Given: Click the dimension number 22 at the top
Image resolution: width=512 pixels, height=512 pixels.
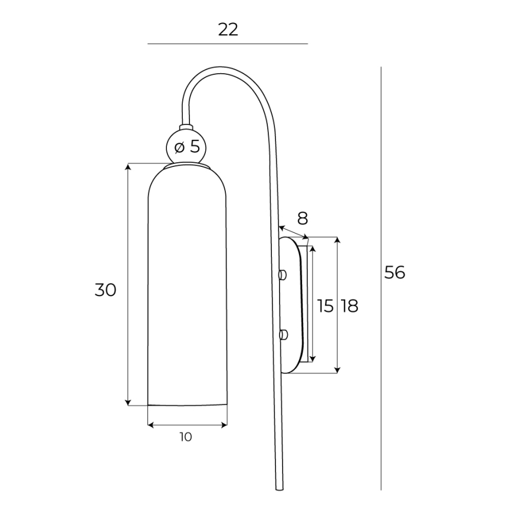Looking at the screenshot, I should [x=228, y=29].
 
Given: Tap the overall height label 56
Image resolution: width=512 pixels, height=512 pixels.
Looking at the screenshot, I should [x=395, y=273].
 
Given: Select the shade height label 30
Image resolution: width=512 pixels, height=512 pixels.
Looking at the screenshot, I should [x=106, y=290].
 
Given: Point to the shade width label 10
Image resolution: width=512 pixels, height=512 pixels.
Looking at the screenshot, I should [x=186, y=437].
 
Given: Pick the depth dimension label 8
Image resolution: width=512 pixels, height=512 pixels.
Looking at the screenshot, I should [x=302, y=219].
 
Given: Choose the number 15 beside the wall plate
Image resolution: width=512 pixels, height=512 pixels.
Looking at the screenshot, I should [x=325, y=306].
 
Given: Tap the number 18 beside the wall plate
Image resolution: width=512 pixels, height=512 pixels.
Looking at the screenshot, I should [x=349, y=306].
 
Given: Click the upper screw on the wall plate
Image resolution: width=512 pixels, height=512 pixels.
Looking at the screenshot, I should [x=283, y=274].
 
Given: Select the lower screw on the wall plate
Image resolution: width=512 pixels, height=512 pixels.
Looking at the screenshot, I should [x=283, y=335].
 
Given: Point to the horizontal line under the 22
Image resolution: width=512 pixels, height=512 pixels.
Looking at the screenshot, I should [x=228, y=44].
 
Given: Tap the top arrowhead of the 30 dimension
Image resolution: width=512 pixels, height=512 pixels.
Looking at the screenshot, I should [x=128, y=167].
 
